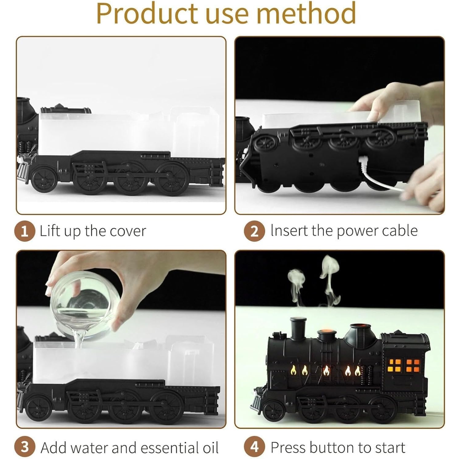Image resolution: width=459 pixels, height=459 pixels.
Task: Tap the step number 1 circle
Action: coord(24,231)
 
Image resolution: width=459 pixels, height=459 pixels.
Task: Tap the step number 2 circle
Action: coord(254,231)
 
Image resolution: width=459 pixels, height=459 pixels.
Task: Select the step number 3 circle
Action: coord(25,447)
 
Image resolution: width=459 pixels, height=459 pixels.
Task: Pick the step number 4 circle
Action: coord(254,447)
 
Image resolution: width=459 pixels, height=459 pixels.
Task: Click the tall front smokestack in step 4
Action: coord(298,328)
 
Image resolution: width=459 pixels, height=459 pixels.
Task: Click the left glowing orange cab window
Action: coord(395,366)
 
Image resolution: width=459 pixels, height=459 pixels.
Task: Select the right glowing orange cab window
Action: coord(413,366)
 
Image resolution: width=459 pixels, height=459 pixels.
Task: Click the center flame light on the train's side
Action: coord(326,371)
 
